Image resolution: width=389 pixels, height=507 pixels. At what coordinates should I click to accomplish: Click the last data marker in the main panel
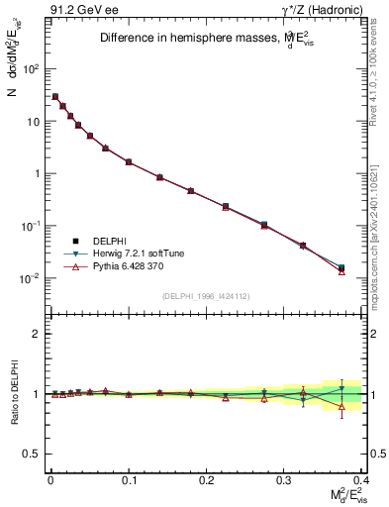click(341, 268)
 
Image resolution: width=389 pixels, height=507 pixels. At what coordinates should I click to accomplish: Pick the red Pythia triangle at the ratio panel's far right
click(341, 406)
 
